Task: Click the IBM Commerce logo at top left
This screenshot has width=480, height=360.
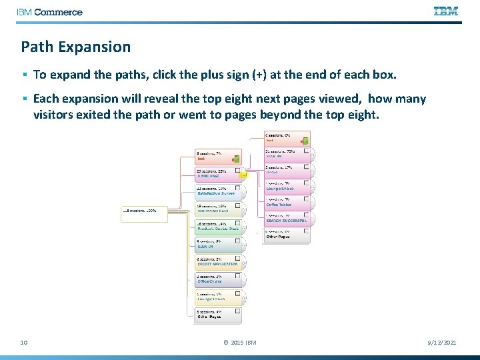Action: pyautogui.click(x=50, y=12)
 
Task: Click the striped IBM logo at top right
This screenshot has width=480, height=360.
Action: pyautogui.click(x=445, y=11)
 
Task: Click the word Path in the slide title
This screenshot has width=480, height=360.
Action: pyautogui.click(x=36, y=47)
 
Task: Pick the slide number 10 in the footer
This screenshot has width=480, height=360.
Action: pyautogui.click(x=23, y=342)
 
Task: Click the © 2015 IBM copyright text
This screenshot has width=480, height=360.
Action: pyautogui.click(x=239, y=342)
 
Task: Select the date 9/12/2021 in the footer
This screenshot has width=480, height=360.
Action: pyautogui.click(x=441, y=342)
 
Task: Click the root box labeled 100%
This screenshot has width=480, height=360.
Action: pyautogui.click(x=139, y=213)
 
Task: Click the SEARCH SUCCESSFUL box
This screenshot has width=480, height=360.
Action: pyautogui.click(x=286, y=218)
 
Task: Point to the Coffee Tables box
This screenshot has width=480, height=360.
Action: pyautogui.click(x=286, y=201)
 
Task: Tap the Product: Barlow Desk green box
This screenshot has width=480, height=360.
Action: pyautogui.click(x=217, y=227)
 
